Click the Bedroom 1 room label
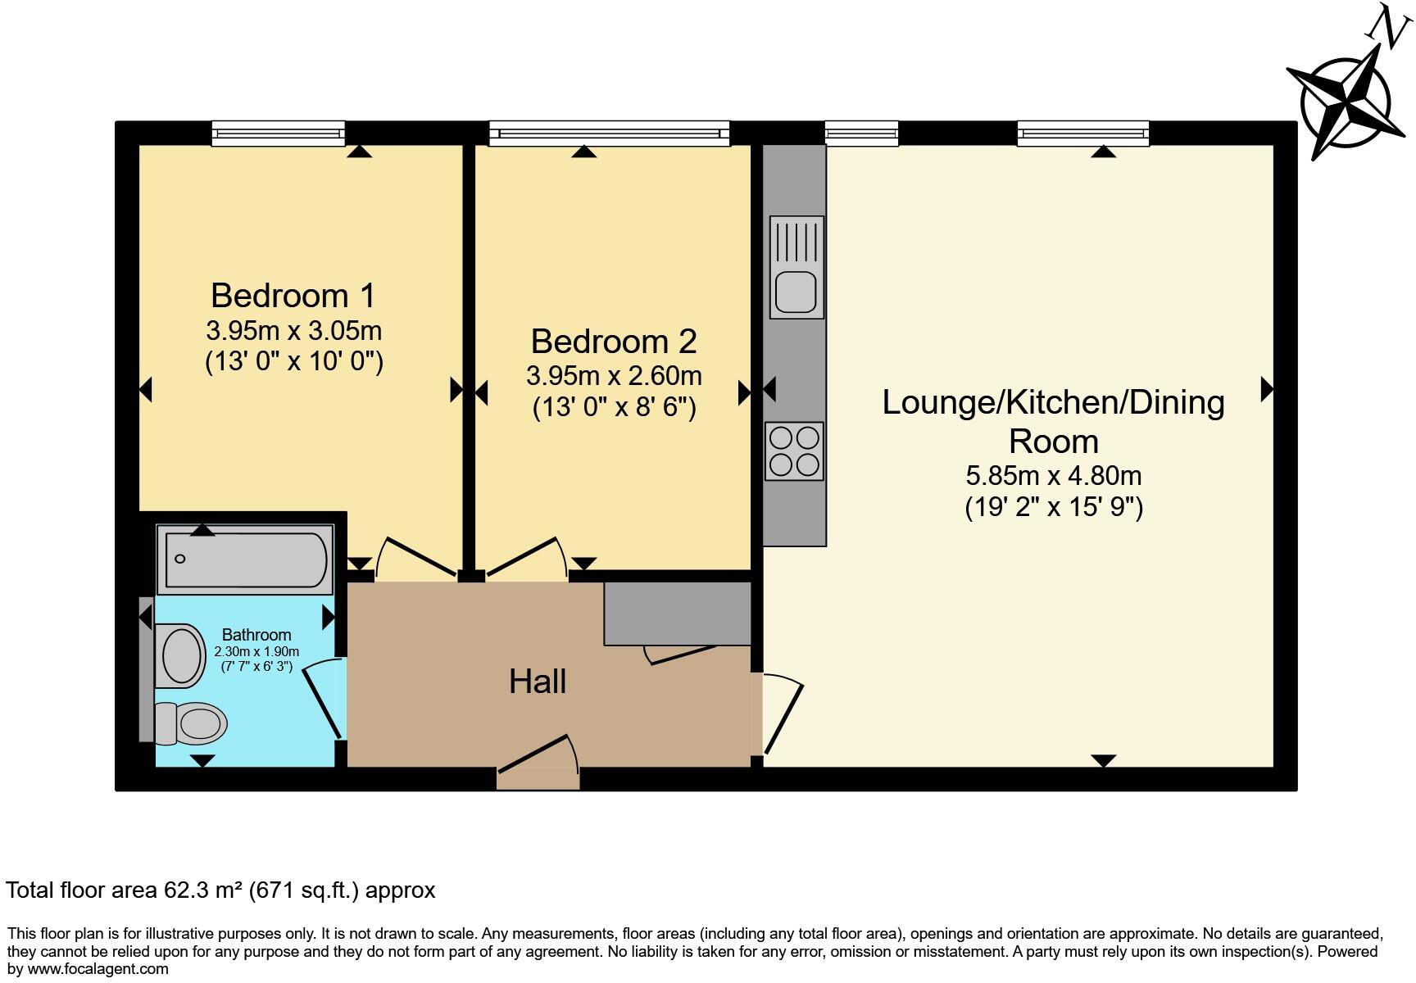click(x=293, y=296)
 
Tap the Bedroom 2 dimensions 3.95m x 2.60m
click(x=614, y=376)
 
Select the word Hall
click(x=538, y=682)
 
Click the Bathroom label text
click(x=256, y=635)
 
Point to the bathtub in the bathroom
click(x=245, y=559)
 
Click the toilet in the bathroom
click(x=193, y=723)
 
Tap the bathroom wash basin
click(x=181, y=656)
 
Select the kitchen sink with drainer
click(x=796, y=267)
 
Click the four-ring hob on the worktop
click(x=794, y=451)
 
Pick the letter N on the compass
click(x=1383, y=22)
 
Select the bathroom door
click(x=324, y=701)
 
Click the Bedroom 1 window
click(x=278, y=133)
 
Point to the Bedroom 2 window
click(x=608, y=133)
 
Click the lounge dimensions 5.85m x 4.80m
click(x=1053, y=476)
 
